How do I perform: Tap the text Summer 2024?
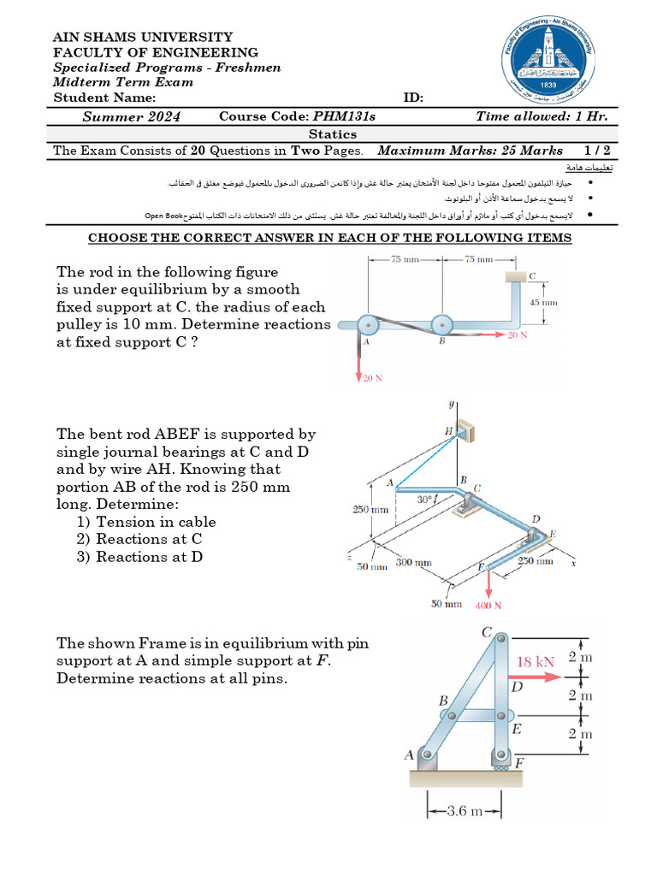(x=131, y=116)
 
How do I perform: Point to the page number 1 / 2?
(x=597, y=151)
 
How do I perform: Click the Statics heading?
(x=332, y=133)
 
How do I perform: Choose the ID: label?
(x=413, y=98)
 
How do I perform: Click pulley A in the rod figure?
(x=366, y=325)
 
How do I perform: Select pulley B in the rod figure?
(x=441, y=325)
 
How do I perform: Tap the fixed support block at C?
(x=515, y=276)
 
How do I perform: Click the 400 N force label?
(x=488, y=605)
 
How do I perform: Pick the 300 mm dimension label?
(x=413, y=562)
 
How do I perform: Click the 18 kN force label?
(x=536, y=661)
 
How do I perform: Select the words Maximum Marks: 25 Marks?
(x=471, y=151)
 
